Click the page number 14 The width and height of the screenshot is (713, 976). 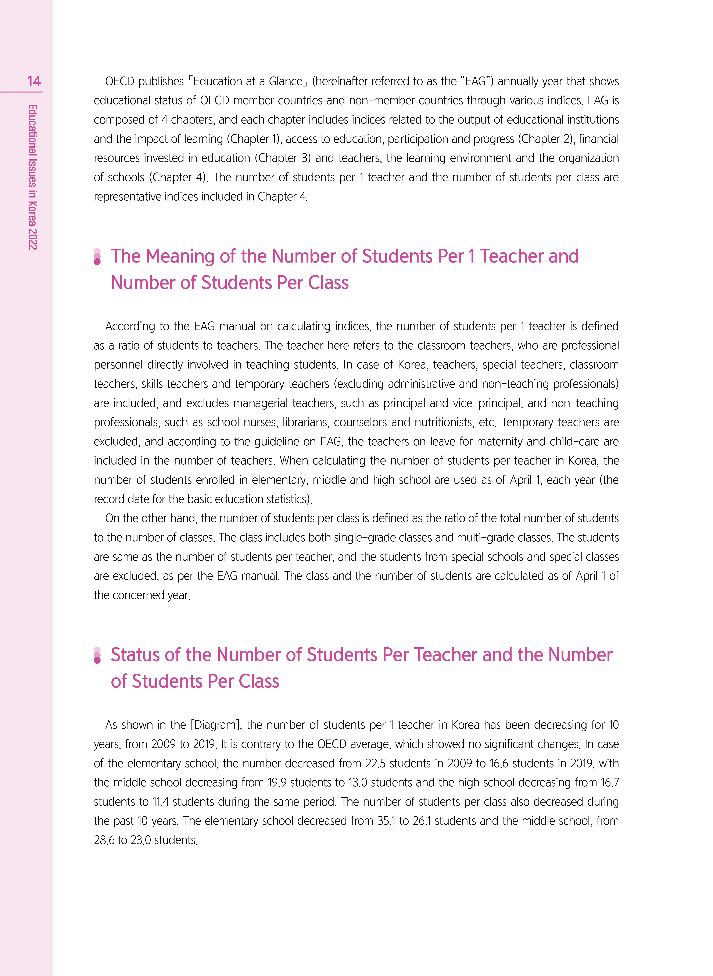pos(34,81)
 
